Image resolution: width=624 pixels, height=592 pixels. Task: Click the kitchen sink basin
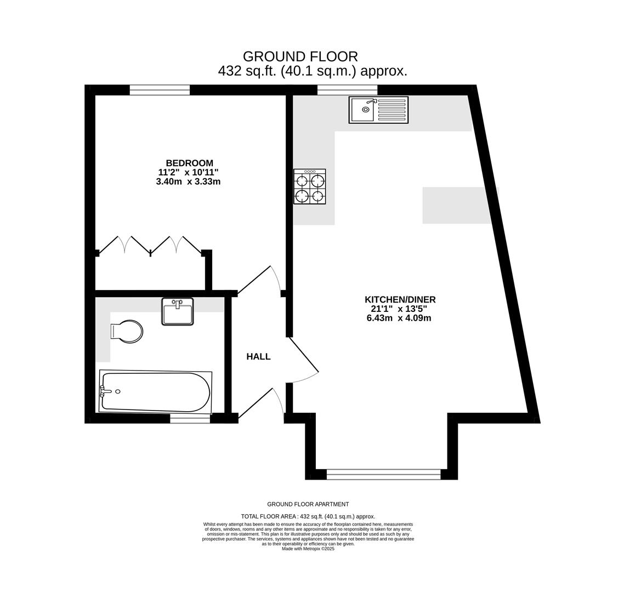point(362,110)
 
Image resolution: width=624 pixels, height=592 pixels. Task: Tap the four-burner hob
point(310,186)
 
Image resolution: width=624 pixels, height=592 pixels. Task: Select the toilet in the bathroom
point(127,332)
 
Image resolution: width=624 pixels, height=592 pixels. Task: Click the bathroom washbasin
point(178,311)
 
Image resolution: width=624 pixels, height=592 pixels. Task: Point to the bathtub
point(155,392)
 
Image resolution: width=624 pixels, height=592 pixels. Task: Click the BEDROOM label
point(189,163)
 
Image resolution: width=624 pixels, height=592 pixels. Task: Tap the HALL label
point(259,356)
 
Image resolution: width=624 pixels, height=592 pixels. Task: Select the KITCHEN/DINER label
point(400,299)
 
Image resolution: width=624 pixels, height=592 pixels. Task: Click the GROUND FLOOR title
point(300,56)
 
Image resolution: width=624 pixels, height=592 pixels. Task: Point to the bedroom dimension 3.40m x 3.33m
point(189,182)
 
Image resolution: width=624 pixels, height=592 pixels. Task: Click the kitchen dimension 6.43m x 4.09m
point(399,318)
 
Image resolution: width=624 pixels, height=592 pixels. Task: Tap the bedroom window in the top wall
point(160,90)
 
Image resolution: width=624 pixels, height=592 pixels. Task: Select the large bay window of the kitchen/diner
point(384,474)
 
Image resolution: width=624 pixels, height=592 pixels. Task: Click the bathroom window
point(190,418)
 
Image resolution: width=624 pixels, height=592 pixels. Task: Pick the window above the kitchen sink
point(347,90)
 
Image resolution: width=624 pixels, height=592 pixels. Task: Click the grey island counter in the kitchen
point(461,206)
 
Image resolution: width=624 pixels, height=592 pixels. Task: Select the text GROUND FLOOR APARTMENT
point(308,504)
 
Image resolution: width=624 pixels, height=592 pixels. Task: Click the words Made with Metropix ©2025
point(308,549)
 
